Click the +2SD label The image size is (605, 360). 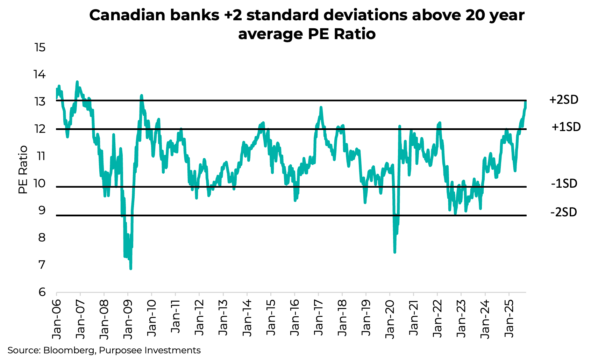[x=564, y=100]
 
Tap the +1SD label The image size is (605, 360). [x=566, y=127]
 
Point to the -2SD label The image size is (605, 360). [x=563, y=212]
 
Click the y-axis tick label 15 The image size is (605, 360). [x=40, y=47]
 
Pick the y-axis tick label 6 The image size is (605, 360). [x=42, y=292]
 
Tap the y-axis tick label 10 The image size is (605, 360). [x=40, y=183]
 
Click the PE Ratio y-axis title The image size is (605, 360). [x=23, y=170]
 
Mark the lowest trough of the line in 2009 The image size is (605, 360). [x=131, y=268]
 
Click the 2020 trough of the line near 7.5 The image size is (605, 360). [x=395, y=252]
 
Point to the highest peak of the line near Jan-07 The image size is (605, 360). [x=77, y=82]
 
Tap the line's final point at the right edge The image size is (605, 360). [x=526, y=102]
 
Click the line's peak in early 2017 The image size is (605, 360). [x=321, y=108]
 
